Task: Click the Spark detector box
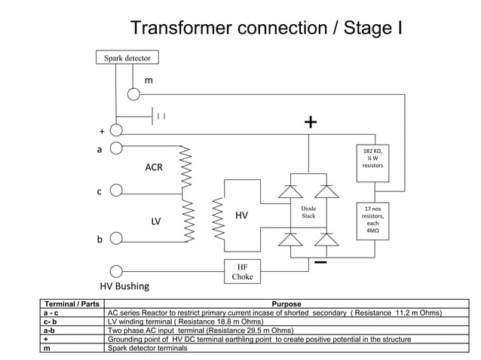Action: coord(127,57)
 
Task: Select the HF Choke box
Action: coord(242,272)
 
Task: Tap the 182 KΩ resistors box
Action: coord(373,160)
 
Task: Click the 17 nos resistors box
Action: coord(373,219)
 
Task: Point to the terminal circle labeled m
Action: coord(133,94)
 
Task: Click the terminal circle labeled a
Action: coord(116,148)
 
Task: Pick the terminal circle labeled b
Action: coord(116,239)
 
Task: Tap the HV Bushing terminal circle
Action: coord(116,271)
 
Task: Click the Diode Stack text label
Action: coord(308,211)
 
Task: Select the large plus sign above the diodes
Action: coord(310,123)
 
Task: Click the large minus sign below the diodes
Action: coord(320,262)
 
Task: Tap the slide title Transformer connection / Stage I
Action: coord(265,29)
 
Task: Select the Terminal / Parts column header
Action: coord(71,304)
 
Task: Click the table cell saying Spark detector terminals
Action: coord(153,348)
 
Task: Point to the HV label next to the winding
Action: coord(241,216)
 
